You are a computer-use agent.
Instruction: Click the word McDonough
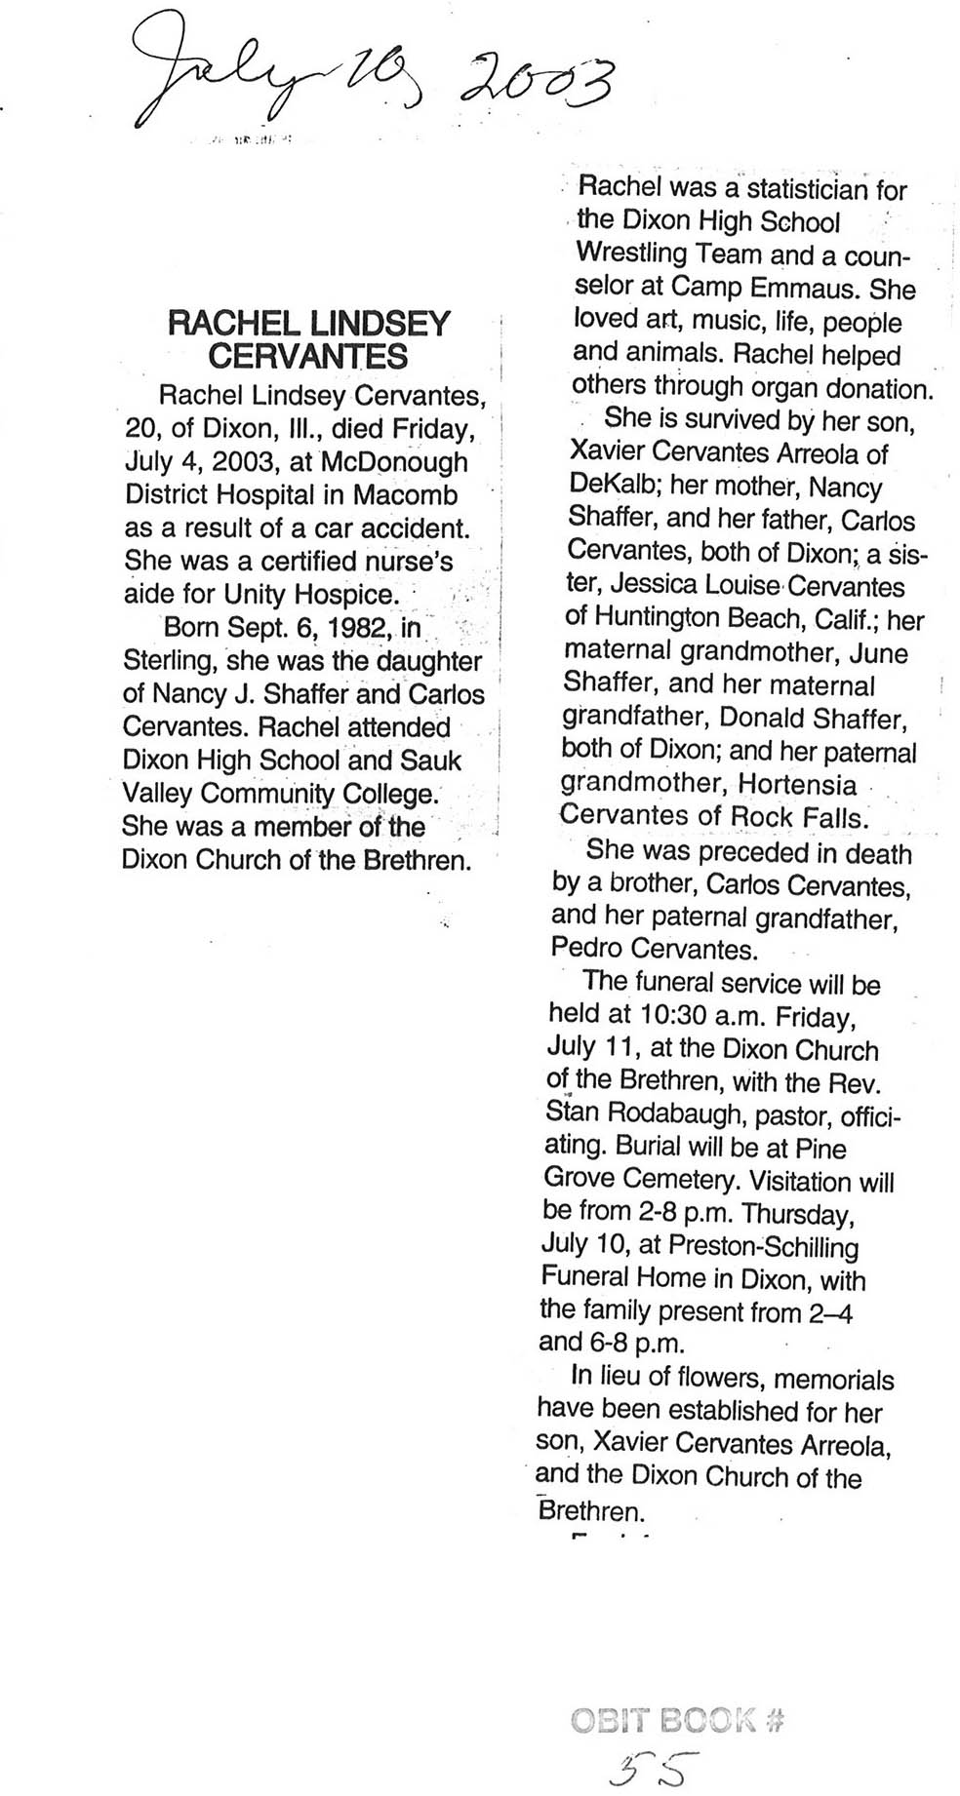393,461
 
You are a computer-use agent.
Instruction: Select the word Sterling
170,660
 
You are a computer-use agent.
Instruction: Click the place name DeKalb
615,486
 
